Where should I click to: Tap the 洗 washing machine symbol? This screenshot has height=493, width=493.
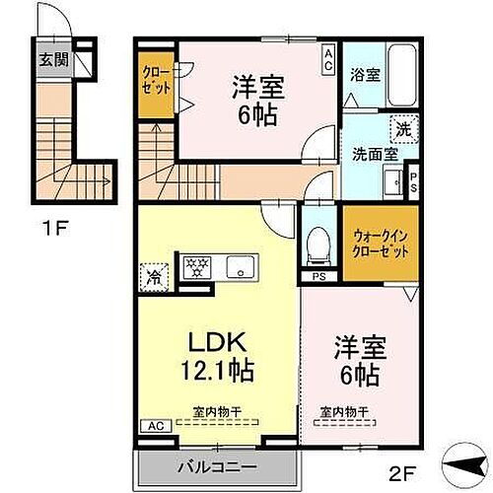403,126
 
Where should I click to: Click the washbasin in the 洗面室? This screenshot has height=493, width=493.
391,181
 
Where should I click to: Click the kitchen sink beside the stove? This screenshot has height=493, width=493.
240,266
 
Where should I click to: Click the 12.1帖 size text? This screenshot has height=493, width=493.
217,372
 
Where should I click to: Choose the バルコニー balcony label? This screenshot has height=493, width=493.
216,463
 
